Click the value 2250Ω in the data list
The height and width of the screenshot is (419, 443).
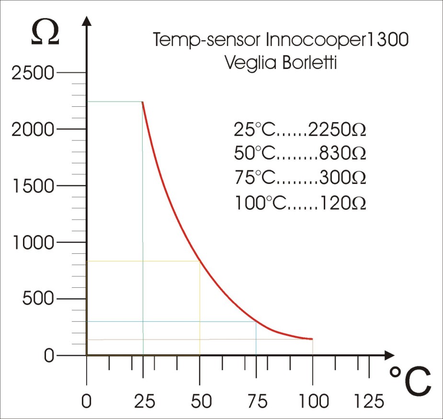[x=338, y=130]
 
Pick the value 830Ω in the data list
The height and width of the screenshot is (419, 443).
[x=343, y=154]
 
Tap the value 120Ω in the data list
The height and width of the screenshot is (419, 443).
[x=343, y=203]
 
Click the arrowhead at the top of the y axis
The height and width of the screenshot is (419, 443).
[x=87, y=22]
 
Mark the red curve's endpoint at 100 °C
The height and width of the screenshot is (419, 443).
[x=312, y=339]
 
